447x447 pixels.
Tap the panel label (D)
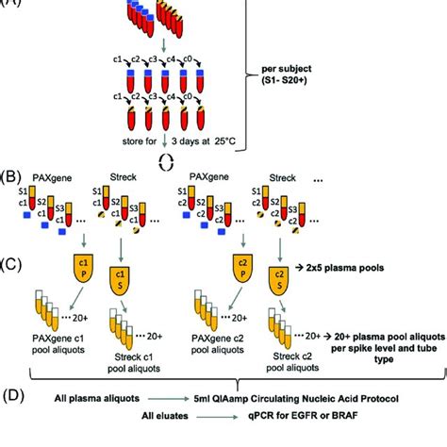pos(14,399)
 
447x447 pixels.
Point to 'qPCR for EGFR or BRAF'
pos(307,425)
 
